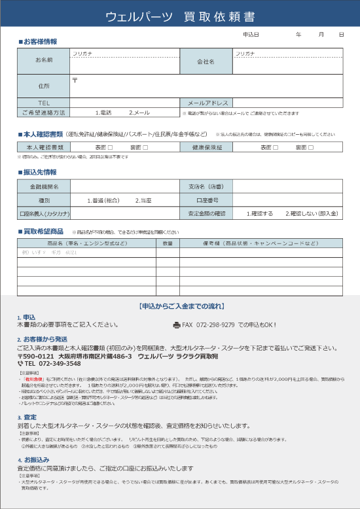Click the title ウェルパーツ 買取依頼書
[x=179, y=16]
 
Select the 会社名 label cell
[x=206, y=61]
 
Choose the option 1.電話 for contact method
[x=103, y=113]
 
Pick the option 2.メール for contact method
[x=139, y=113]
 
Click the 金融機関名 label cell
[x=44, y=187]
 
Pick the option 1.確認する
[x=260, y=213]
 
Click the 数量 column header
[x=168, y=243]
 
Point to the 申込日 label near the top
[x=251, y=34]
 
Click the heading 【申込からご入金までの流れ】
[x=180, y=306]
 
